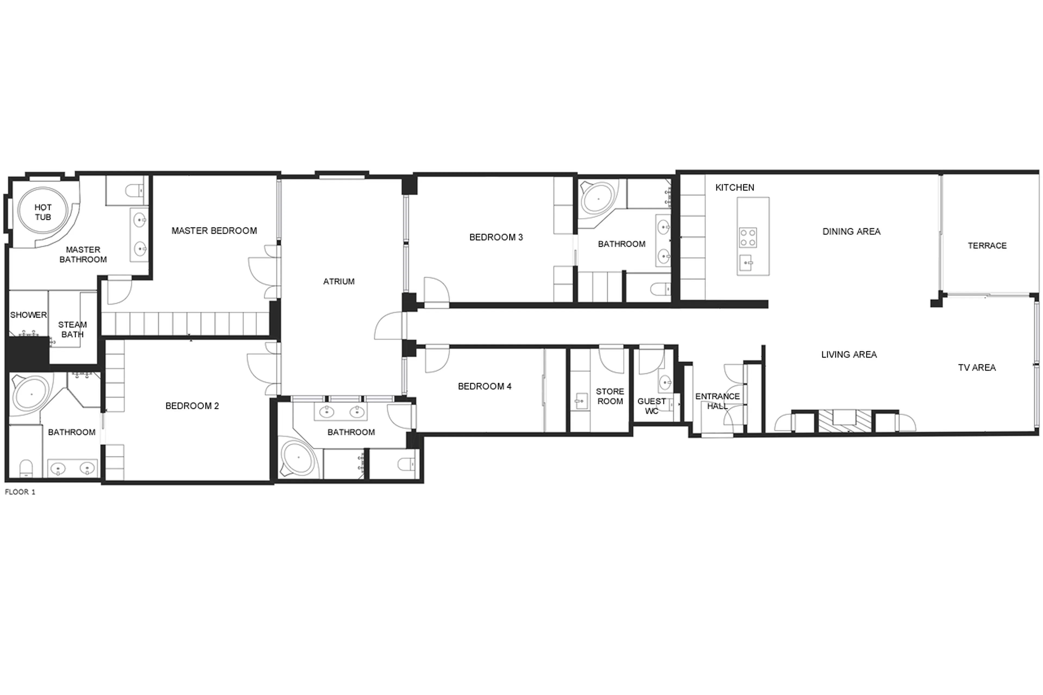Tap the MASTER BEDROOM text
(214, 231)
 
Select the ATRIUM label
(339, 281)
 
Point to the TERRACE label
(987, 246)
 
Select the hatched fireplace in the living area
(844, 421)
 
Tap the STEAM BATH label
(72, 330)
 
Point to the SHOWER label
(28, 315)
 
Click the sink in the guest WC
(664, 382)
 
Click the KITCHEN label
(734, 187)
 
